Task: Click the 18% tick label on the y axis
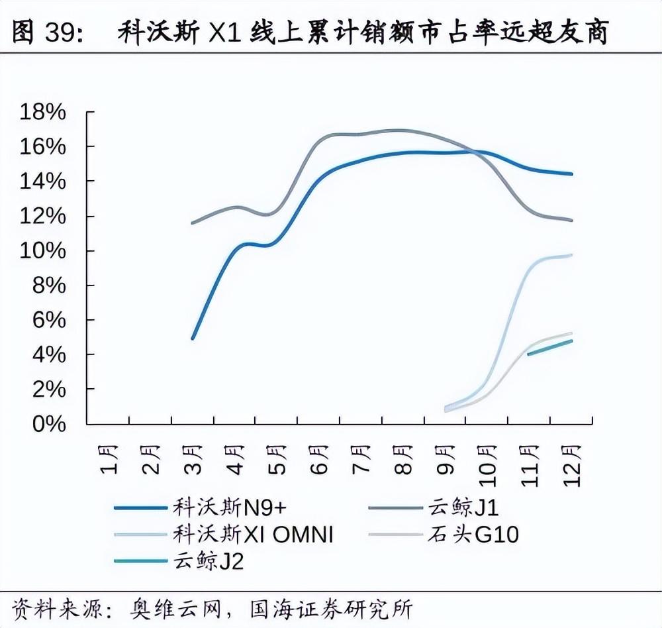43,112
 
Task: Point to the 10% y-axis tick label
43,250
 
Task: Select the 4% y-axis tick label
48,354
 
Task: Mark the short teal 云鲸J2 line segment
549,348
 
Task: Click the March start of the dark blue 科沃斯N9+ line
193,338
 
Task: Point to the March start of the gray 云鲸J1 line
193,223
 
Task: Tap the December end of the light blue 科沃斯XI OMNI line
571,255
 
